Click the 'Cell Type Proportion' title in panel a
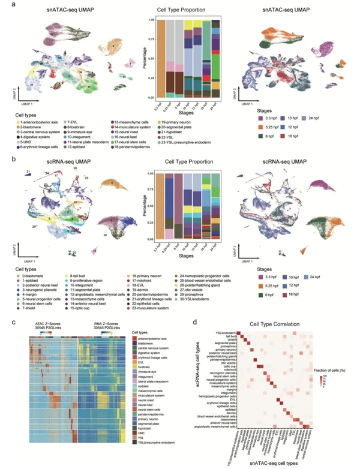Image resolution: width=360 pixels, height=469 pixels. coord(179,11)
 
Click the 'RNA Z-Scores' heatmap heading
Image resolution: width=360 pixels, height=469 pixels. coord(106,324)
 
